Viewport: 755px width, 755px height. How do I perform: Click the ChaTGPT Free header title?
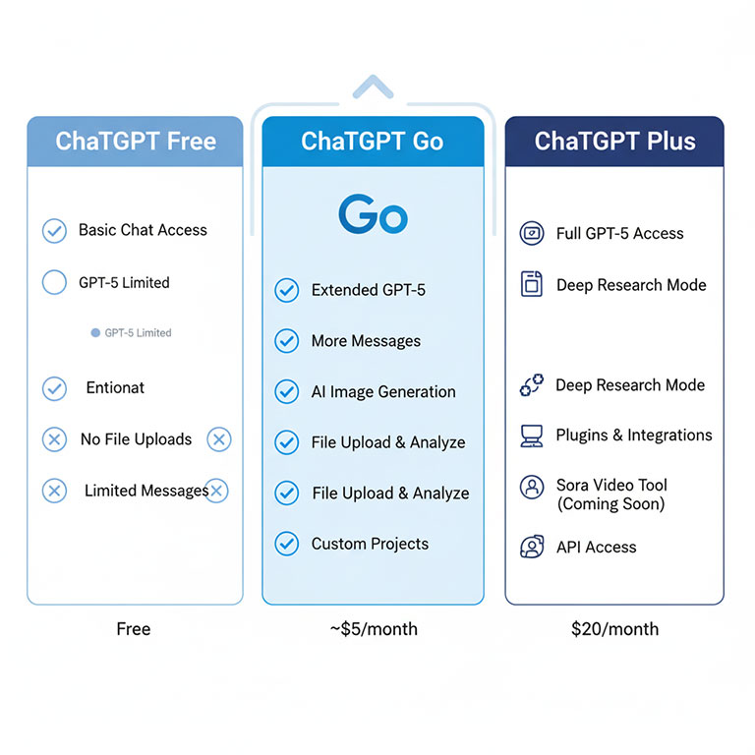(136, 141)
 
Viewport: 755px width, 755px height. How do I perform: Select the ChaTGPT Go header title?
(373, 141)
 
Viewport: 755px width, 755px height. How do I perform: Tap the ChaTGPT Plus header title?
(614, 141)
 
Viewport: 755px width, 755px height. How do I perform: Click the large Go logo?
(373, 215)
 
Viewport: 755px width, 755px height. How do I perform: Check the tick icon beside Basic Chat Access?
(54, 231)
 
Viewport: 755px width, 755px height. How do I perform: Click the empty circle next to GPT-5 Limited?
(54, 283)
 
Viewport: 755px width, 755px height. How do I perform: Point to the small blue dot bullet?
(95, 333)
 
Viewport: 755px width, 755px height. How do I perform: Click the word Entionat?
(115, 388)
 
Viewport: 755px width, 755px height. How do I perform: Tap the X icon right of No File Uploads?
(219, 439)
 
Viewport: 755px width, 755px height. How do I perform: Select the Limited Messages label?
(145, 491)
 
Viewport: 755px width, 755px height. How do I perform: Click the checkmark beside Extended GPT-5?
(286, 290)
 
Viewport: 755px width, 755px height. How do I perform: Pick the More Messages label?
(366, 341)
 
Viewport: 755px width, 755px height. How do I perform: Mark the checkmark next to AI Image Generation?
(286, 392)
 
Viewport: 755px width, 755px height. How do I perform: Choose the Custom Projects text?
(370, 544)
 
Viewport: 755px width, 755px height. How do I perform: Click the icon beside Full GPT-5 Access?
(532, 234)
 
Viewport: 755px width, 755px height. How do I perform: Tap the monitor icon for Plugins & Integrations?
(532, 436)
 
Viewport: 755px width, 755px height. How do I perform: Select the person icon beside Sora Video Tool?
(532, 487)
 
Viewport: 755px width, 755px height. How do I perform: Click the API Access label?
(596, 548)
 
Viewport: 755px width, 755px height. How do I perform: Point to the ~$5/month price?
(374, 629)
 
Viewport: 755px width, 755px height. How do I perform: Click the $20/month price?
(614, 629)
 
